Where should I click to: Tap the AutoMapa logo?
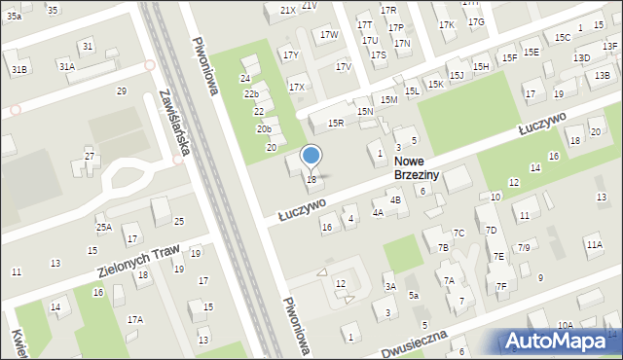[x=560, y=341]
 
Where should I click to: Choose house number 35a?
[x=14, y=17]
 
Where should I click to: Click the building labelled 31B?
[x=18, y=70]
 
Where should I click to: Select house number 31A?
[x=66, y=67]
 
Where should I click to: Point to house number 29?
[x=122, y=90]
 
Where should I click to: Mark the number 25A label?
[x=103, y=227]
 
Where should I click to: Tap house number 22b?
[x=251, y=93]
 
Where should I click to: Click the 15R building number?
[x=336, y=123]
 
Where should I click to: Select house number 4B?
[x=395, y=200]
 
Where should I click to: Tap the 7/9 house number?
[x=524, y=247]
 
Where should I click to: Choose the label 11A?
[x=594, y=246]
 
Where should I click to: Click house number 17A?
[x=135, y=319]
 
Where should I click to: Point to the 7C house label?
[x=458, y=233]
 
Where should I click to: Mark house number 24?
[x=245, y=78]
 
